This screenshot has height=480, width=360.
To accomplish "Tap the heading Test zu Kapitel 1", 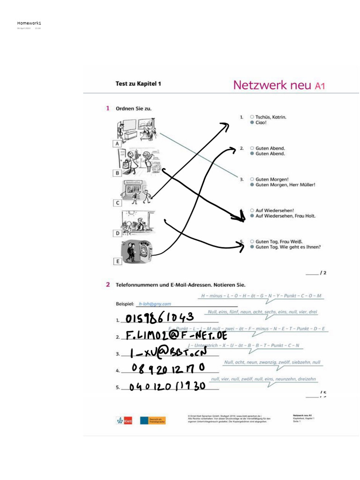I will pos(138,84).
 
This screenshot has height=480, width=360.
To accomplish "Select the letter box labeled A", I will pos(117,143).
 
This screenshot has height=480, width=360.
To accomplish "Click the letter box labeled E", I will pos(117,262).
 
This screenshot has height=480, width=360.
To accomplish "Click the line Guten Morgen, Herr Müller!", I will pos(285,185).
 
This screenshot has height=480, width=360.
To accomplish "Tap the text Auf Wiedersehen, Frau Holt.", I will pos(285,216).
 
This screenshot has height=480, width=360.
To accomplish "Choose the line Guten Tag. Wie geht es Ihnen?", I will pos(288,247).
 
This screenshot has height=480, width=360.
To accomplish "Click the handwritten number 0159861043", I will pos(160,319).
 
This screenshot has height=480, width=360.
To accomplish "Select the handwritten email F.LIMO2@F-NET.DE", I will pos(177,336).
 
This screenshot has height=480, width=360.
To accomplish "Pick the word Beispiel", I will pos(125,304).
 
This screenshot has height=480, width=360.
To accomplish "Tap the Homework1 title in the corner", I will pos(29,23).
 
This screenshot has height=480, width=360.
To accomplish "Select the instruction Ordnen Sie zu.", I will pos(134,108).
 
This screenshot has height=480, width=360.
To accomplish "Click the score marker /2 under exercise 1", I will pos(322,272).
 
